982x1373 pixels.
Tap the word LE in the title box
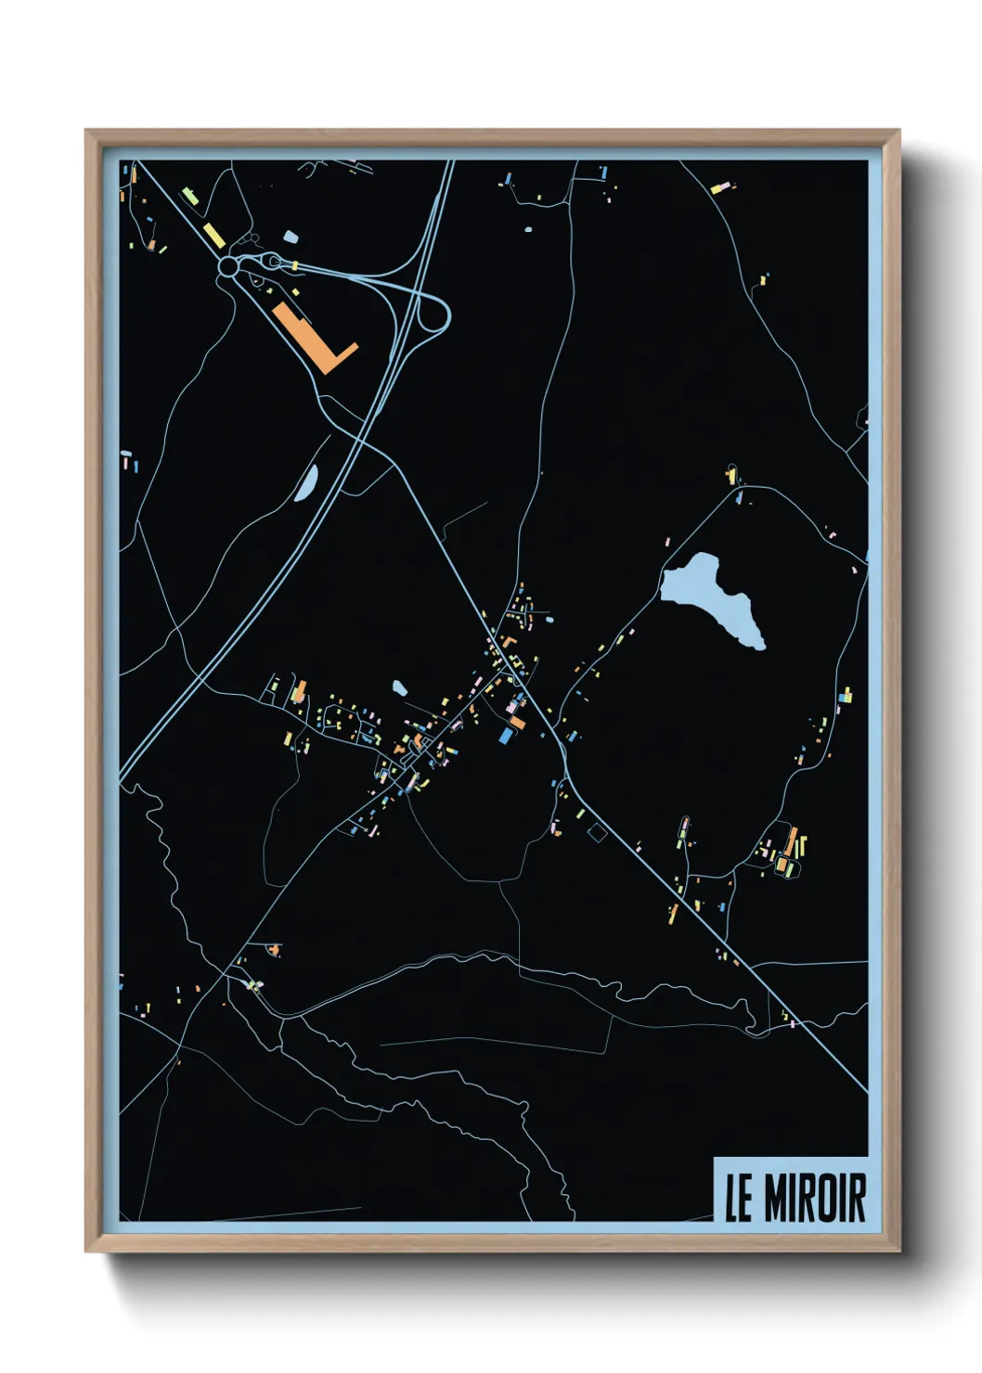coord(738,1199)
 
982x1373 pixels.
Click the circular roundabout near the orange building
coord(227,267)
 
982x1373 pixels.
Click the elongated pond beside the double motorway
coord(307,481)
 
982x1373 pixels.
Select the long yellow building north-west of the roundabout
coord(213,234)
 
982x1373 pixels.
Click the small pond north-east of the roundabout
coord(291,237)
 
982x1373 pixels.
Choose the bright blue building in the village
coord(506,736)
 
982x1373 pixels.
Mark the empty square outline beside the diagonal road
coord(597,832)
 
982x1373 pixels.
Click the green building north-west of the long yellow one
coord(189,197)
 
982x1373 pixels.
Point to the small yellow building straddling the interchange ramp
coord(294,266)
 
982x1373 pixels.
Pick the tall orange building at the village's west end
coord(300,691)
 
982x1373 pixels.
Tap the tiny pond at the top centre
coord(528,228)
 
